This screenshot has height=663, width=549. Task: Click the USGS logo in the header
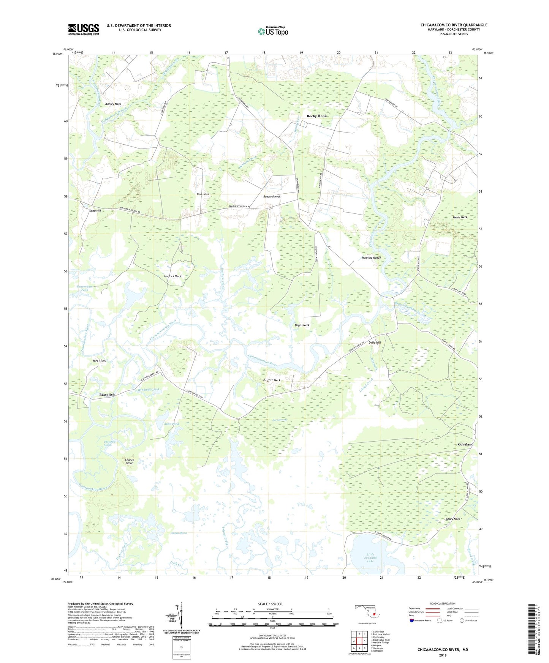click(x=84, y=29)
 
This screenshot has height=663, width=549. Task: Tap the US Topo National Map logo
click(x=273, y=31)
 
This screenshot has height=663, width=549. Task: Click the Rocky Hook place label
click(x=316, y=116)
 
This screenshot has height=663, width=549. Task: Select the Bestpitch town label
click(x=107, y=395)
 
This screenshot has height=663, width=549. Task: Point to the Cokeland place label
click(x=465, y=444)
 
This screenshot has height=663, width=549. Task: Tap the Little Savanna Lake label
click(x=370, y=557)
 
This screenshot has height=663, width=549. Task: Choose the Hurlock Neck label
click(x=172, y=276)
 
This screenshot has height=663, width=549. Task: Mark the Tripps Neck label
click(x=302, y=325)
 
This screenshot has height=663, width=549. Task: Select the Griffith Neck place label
click(x=272, y=380)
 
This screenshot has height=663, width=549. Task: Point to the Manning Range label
click(x=371, y=257)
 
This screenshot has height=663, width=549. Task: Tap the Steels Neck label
click(x=460, y=217)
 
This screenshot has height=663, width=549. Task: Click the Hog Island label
click(x=100, y=360)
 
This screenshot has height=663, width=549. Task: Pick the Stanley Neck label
click(x=113, y=104)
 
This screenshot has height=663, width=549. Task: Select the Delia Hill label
click(x=375, y=343)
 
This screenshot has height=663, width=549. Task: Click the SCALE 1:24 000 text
click(x=270, y=604)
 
